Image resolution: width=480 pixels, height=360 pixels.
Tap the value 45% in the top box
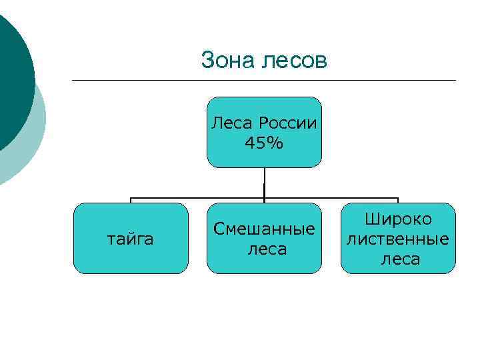264,143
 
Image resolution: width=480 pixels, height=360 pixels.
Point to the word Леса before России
233,123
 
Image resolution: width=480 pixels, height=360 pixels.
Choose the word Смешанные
264,229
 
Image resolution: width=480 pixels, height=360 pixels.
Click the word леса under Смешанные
264,249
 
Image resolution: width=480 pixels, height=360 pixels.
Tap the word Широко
399,219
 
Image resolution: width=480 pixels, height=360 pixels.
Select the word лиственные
399,239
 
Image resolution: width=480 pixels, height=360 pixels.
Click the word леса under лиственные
400,259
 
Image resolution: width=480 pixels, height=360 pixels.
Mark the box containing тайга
100,257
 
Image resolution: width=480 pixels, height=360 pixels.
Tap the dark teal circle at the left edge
13,80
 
